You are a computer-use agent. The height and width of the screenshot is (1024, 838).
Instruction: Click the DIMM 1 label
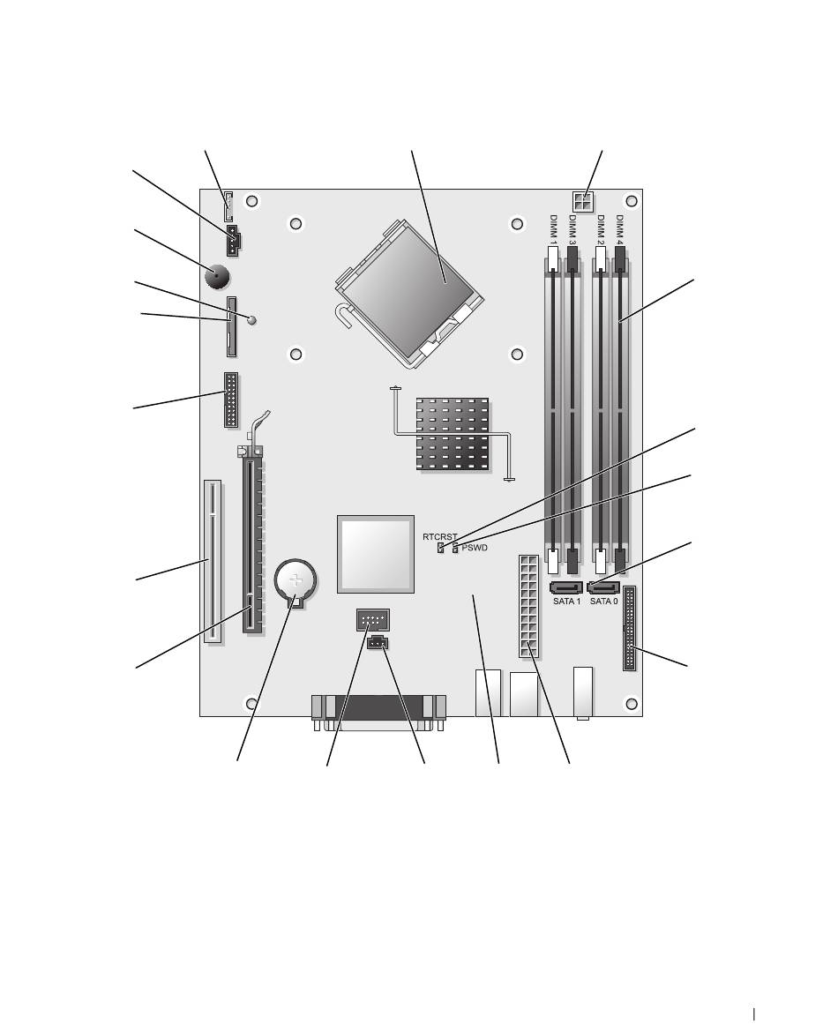pos(553,230)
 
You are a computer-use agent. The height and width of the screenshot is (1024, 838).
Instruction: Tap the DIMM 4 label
pos(620,230)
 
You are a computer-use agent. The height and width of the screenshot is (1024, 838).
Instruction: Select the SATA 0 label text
pos(603,602)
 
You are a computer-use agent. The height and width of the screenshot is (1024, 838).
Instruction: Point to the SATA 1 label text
pos(566,602)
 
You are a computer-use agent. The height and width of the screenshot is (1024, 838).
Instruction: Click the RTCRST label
pos(439,537)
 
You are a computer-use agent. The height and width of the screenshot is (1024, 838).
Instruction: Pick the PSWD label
pos(475,548)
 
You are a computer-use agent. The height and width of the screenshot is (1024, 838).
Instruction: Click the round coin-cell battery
pos(296,579)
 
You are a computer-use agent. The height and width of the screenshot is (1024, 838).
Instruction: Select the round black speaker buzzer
pos(218,278)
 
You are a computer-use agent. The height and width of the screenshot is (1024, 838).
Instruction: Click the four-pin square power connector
pos(582,202)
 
